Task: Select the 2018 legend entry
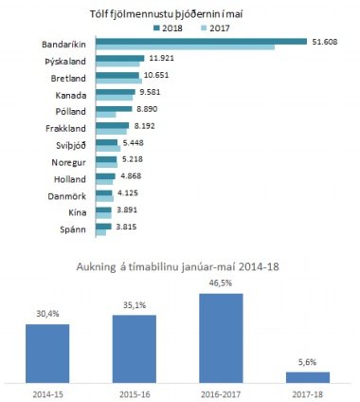pos(170,28)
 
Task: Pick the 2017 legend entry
pos(214,28)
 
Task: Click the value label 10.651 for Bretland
pos(156,76)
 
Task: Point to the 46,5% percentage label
pos(222,283)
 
